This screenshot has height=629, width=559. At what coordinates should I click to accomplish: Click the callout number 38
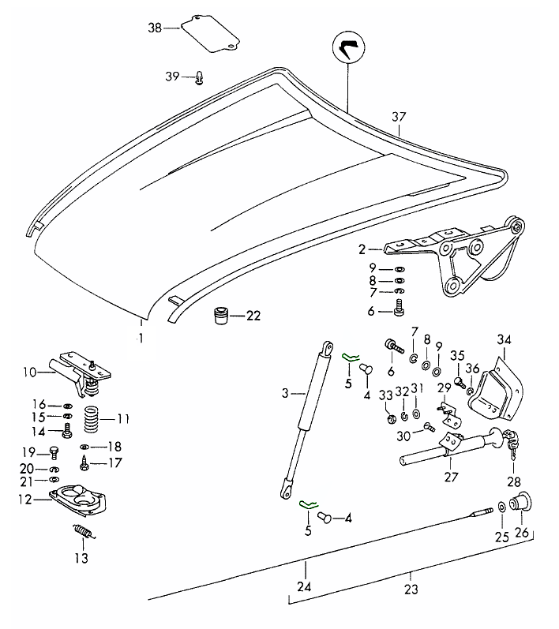154,28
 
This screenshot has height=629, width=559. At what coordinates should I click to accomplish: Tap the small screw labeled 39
200,77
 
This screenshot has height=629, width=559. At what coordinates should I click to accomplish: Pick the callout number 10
29,371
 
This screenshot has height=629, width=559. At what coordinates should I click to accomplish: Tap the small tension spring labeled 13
83,534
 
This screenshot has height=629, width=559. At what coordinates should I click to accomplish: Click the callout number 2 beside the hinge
362,249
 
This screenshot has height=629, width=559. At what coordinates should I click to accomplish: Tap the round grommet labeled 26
520,503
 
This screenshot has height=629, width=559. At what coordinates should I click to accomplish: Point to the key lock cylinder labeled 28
512,441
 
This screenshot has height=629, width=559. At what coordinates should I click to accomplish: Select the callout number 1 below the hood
141,339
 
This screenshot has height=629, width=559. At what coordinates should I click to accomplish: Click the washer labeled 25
502,509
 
